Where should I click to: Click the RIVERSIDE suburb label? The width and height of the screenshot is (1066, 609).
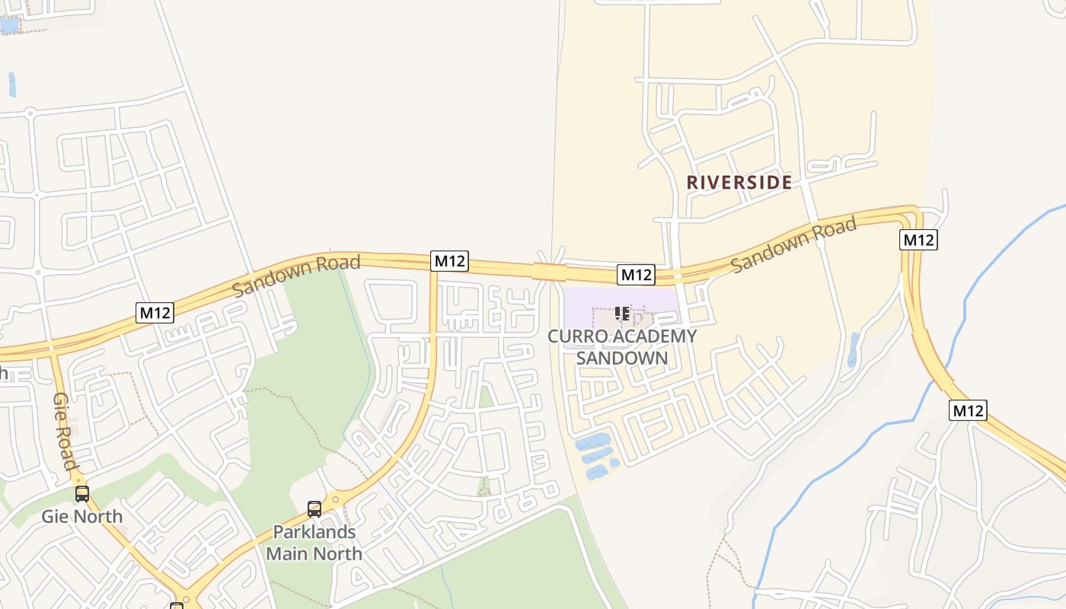pos(739,183)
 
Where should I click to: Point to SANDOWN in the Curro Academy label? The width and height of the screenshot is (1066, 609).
pos(622,358)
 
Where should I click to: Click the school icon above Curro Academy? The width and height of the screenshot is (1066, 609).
pos(621,313)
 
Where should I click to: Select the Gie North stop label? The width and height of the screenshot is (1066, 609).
pos(81,517)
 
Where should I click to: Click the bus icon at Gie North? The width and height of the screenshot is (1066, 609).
pos(82,494)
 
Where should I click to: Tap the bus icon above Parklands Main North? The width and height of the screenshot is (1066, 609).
pos(314,509)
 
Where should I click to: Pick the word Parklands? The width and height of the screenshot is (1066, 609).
pos(314,532)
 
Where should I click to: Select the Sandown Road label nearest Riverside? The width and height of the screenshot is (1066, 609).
pos(794,244)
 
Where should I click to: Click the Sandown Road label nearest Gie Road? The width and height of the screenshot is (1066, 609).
pos(296,276)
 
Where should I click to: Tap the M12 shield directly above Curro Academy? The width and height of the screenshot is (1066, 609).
pos(636,275)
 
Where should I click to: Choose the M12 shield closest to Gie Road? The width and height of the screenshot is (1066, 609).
pos(155,312)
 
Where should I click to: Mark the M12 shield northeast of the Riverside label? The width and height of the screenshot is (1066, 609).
pos(918,240)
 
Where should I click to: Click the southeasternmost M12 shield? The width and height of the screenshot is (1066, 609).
pos(969,410)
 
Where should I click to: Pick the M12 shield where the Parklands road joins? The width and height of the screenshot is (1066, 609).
pos(449,261)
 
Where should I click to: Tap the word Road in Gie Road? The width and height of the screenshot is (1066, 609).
pos(68,449)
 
